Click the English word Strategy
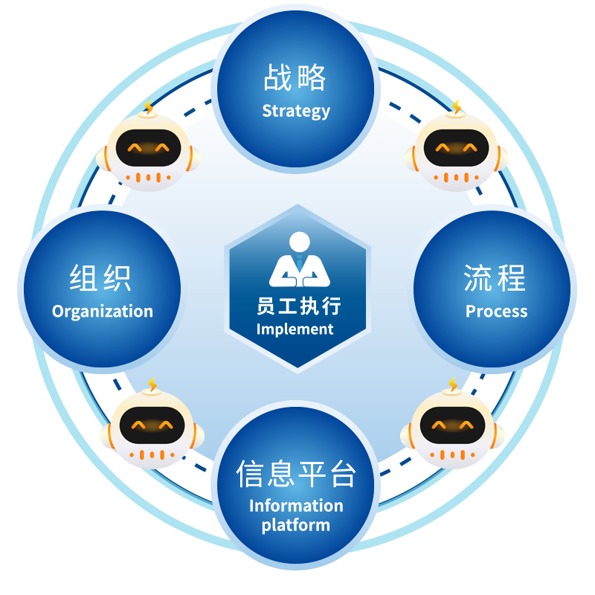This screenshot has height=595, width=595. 296,112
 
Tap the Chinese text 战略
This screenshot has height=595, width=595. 295,77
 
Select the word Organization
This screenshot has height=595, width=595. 103,312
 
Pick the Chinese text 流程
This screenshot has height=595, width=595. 495,279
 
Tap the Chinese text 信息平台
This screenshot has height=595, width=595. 296,474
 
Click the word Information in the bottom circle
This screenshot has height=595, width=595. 296,506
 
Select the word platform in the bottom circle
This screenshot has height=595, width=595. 296,525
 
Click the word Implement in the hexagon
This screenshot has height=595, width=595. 295,329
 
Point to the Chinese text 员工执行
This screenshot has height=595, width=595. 298,306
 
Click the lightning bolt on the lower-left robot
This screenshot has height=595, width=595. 152,385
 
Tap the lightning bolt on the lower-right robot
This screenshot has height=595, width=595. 453,385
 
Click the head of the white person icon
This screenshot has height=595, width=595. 299,242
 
